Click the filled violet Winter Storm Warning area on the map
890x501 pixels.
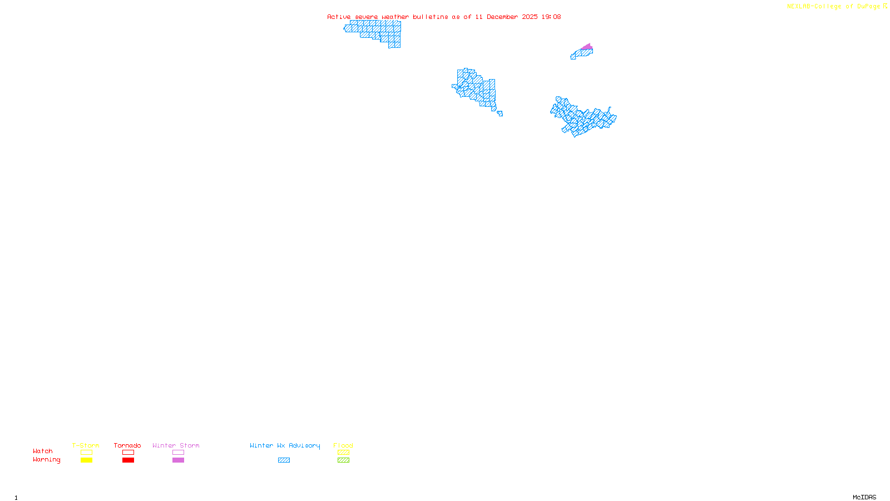(587, 47)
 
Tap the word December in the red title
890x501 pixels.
(502, 17)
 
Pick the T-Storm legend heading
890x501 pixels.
(86, 445)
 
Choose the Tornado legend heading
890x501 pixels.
(127, 445)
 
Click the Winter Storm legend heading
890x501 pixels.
(176, 445)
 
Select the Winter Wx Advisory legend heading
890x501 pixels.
(285, 445)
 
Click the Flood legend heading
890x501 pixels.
(343, 445)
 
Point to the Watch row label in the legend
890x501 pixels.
(43, 451)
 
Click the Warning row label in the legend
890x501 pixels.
(47, 460)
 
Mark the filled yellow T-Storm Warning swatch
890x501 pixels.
(86, 460)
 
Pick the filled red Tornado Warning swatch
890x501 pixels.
(128, 460)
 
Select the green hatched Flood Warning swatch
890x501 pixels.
(344, 460)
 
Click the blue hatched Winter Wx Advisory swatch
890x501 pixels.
(284, 460)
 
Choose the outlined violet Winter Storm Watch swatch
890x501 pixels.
(178, 453)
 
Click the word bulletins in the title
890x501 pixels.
(431, 17)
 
